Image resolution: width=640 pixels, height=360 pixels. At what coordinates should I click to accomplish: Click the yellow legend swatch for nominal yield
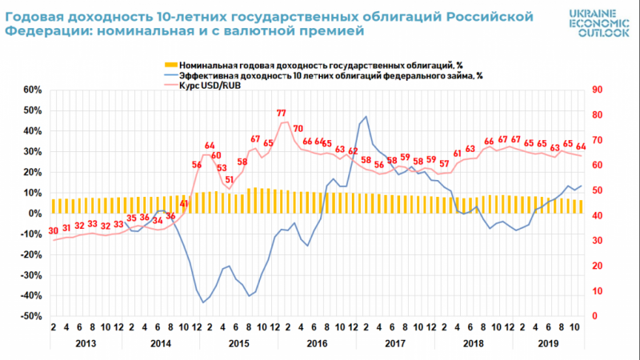coord(170,63)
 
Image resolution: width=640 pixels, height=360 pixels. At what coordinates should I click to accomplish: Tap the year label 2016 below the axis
coord(317,343)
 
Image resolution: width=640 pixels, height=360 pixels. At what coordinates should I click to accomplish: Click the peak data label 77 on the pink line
coord(282,113)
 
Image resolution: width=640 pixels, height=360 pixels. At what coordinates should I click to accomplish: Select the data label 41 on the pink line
coord(183,203)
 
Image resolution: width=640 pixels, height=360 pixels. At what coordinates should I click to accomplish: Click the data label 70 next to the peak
coord(298,128)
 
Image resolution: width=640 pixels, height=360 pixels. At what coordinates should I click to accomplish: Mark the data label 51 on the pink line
coord(230,180)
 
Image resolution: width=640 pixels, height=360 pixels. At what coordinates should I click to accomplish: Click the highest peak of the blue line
coord(366,117)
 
